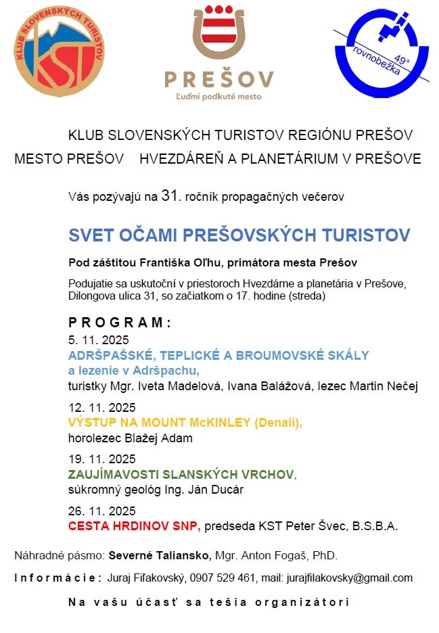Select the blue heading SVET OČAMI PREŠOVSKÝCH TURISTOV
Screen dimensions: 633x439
239,235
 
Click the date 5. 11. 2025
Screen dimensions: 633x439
98,340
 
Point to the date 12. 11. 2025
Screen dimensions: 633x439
101,408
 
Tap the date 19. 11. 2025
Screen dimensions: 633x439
101,459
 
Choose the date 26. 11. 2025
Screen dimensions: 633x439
101,511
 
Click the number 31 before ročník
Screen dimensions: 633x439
169,197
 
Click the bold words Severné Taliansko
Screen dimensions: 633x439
160,556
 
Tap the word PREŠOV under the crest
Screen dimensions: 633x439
218,79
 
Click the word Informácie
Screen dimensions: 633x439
58,578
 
